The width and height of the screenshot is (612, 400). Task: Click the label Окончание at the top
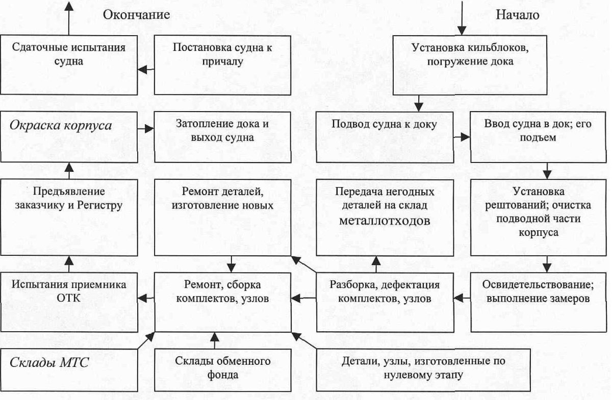(136, 15)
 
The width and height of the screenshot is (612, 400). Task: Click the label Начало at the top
(517, 15)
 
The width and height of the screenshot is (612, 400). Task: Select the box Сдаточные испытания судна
(69, 64)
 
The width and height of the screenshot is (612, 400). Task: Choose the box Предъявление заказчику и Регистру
(69, 217)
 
